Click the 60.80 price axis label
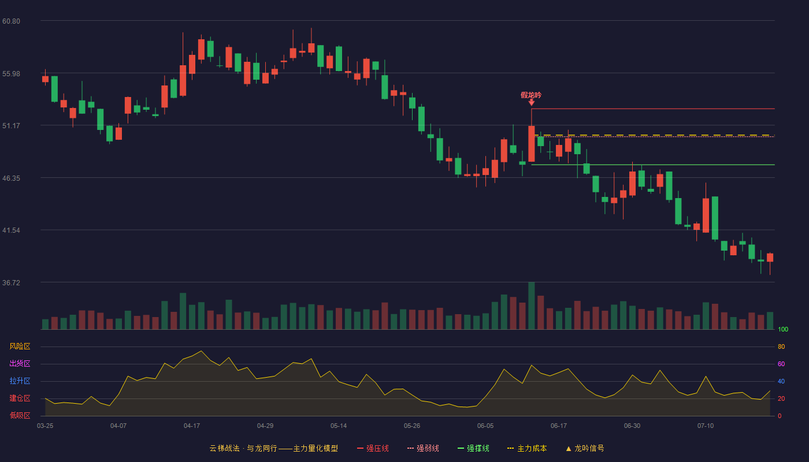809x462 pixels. point(11,21)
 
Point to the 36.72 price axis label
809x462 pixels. point(11,282)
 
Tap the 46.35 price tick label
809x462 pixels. point(11,178)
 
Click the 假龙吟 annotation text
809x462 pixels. point(531,95)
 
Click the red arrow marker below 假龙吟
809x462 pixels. point(531,103)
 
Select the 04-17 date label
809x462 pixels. point(192,426)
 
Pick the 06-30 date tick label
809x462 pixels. point(632,426)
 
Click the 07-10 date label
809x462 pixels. point(706,426)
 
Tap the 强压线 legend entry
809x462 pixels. point(373,448)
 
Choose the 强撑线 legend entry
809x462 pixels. point(473,448)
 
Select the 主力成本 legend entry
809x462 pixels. point(527,448)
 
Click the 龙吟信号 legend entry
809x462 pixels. point(585,448)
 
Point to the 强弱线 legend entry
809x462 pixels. point(423,448)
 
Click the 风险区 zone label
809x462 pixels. point(20,346)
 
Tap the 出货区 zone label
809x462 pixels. point(20,363)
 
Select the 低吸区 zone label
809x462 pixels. point(20,415)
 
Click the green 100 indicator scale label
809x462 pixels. point(783,329)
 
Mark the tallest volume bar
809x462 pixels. point(531,305)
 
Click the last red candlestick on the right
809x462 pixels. point(770,258)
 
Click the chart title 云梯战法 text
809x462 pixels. point(225,448)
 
